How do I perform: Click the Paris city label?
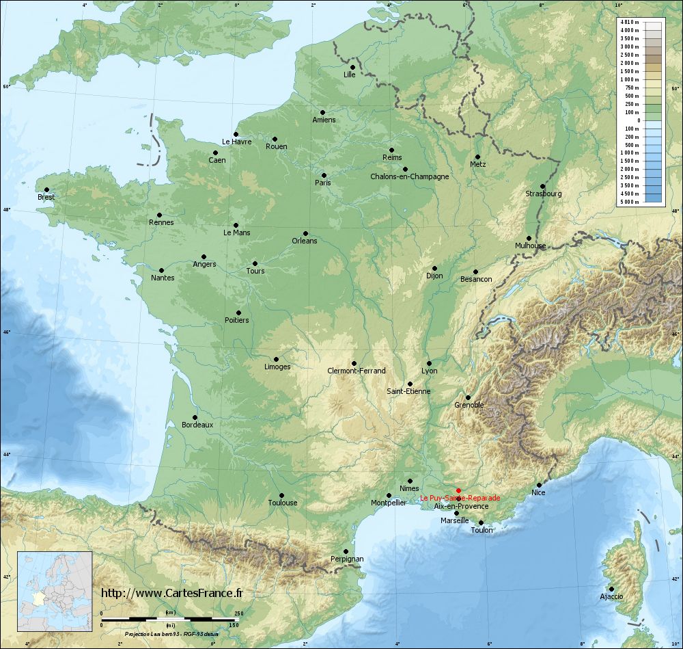coord(322,183)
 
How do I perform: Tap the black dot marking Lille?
coord(352,67)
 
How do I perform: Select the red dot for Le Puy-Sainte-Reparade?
coord(458,490)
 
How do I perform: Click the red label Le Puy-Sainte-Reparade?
coord(460,498)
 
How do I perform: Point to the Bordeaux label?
coord(197,425)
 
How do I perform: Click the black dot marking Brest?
coord(46,189)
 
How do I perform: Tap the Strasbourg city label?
coord(544,194)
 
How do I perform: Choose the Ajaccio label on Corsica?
coord(611,596)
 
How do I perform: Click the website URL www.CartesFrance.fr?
coord(171,594)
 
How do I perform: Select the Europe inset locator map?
coord(55,591)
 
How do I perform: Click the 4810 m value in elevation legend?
coord(629,23)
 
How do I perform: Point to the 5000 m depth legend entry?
coord(629,202)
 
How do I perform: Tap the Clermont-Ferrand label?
coord(357,371)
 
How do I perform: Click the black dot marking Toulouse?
coord(281,495)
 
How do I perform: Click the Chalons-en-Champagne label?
coord(409,176)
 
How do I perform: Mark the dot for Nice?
coord(539,485)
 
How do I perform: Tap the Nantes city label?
coord(163,278)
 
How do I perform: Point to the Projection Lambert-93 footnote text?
coord(171,635)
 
